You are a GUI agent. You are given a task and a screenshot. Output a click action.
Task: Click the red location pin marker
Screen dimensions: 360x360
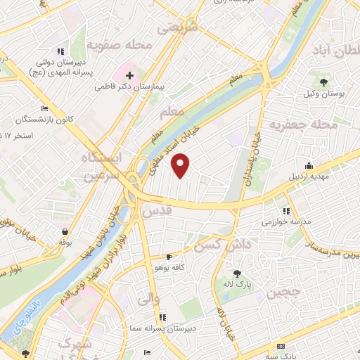click(181, 165)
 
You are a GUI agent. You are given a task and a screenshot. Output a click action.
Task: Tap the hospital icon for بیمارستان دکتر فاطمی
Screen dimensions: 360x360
click(130, 75)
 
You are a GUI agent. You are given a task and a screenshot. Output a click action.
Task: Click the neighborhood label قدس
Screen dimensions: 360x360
click(156, 211)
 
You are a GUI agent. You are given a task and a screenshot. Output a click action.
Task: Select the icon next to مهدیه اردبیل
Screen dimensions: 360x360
click(309, 165)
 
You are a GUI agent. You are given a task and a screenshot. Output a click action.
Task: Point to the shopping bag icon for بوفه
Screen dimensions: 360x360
click(65, 231)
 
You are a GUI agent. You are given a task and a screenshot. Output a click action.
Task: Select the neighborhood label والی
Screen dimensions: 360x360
click(141, 300)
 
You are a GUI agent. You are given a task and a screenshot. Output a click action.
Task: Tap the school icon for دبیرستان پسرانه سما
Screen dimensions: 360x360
click(163, 317)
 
